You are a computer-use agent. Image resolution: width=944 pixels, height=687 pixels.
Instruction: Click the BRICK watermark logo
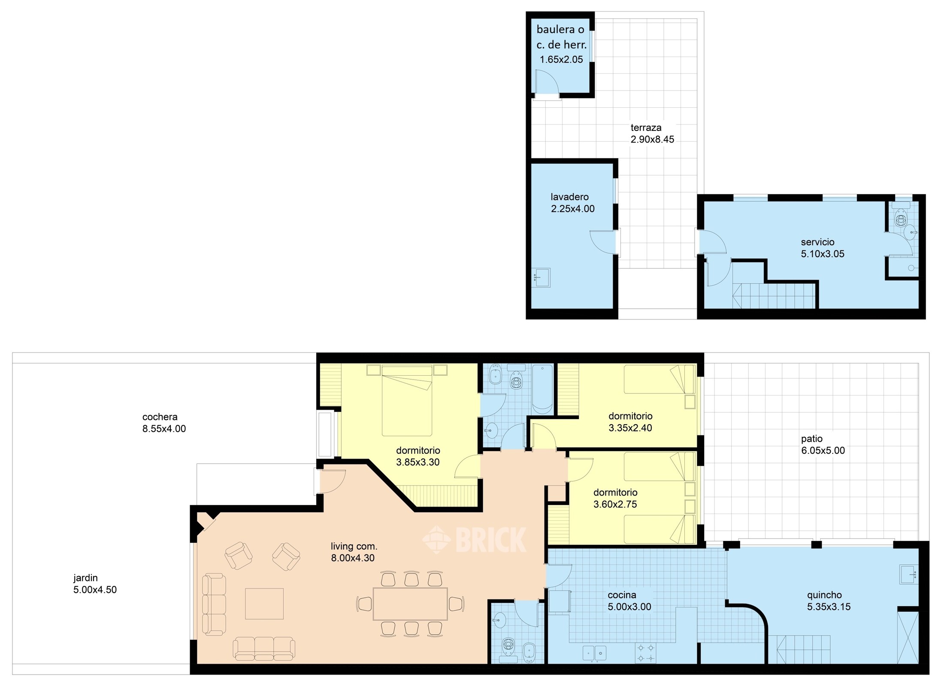(x=475, y=540)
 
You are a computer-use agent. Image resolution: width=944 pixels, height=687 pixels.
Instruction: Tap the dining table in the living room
(x=410, y=604)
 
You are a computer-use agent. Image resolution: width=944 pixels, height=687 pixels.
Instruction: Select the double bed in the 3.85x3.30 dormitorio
(x=407, y=400)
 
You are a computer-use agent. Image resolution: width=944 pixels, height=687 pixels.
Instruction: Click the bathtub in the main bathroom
(x=543, y=389)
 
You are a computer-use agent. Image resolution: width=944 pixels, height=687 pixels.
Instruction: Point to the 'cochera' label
(x=160, y=417)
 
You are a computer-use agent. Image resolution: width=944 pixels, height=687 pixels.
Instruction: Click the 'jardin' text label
(x=85, y=578)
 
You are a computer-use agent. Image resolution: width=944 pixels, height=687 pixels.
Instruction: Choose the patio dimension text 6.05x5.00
(x=823, y=450)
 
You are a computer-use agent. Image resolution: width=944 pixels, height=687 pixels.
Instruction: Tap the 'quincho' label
(x=824, y=595)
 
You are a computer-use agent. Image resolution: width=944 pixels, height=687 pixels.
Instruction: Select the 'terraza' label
(x=646, y=128)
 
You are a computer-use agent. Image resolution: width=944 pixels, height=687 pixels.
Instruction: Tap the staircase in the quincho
(x=802, y=649)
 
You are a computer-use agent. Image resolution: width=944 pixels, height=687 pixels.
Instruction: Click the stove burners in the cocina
(x=646, y=653)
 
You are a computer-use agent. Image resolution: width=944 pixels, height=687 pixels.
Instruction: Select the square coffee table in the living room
(x=264, y=604)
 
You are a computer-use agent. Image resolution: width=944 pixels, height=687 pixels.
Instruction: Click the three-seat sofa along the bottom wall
(x=264, y=649)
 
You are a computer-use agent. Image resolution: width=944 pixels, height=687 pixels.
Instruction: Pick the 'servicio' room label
(x=817, y=242)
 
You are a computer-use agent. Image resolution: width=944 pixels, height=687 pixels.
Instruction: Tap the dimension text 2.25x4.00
(x=573, y=209)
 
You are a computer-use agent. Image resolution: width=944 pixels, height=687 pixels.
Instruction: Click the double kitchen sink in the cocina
(x=594, y=653)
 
